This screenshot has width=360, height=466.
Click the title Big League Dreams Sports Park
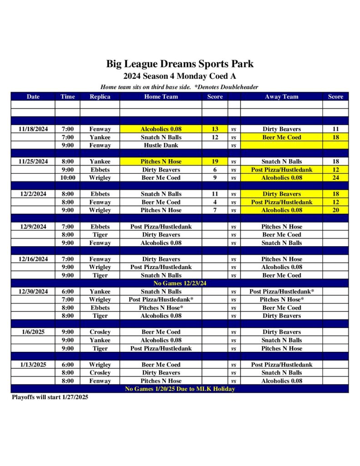pos(180,64)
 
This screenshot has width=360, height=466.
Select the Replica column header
pos(100,96)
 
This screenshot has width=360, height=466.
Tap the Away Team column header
pos(281,96)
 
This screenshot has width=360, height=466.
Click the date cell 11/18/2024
pos(33,129)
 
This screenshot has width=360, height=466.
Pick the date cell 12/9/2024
pos(33,227)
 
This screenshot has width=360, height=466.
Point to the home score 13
pos(215,129)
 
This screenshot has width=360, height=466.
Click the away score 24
pos(335,178)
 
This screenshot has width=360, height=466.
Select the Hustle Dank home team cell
pos(161,146)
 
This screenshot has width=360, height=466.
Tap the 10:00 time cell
pos(67,178)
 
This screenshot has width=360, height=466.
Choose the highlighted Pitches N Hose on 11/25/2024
pos(161,162)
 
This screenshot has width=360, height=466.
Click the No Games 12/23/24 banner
pos(180,284)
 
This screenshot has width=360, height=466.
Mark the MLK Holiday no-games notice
pos(180,389)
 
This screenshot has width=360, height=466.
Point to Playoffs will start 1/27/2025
pos(50,397)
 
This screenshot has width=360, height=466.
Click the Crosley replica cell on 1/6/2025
pos(100,332)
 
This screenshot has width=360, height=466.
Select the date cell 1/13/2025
pos(33,365)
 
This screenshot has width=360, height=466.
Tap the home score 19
pos(215,162)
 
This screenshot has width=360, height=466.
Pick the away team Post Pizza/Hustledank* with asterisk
pos(281,292)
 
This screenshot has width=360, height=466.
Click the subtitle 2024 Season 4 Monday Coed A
pos(180,76)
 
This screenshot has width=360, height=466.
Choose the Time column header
pos(67,96)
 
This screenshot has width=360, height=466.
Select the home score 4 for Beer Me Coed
pos(215,202)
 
